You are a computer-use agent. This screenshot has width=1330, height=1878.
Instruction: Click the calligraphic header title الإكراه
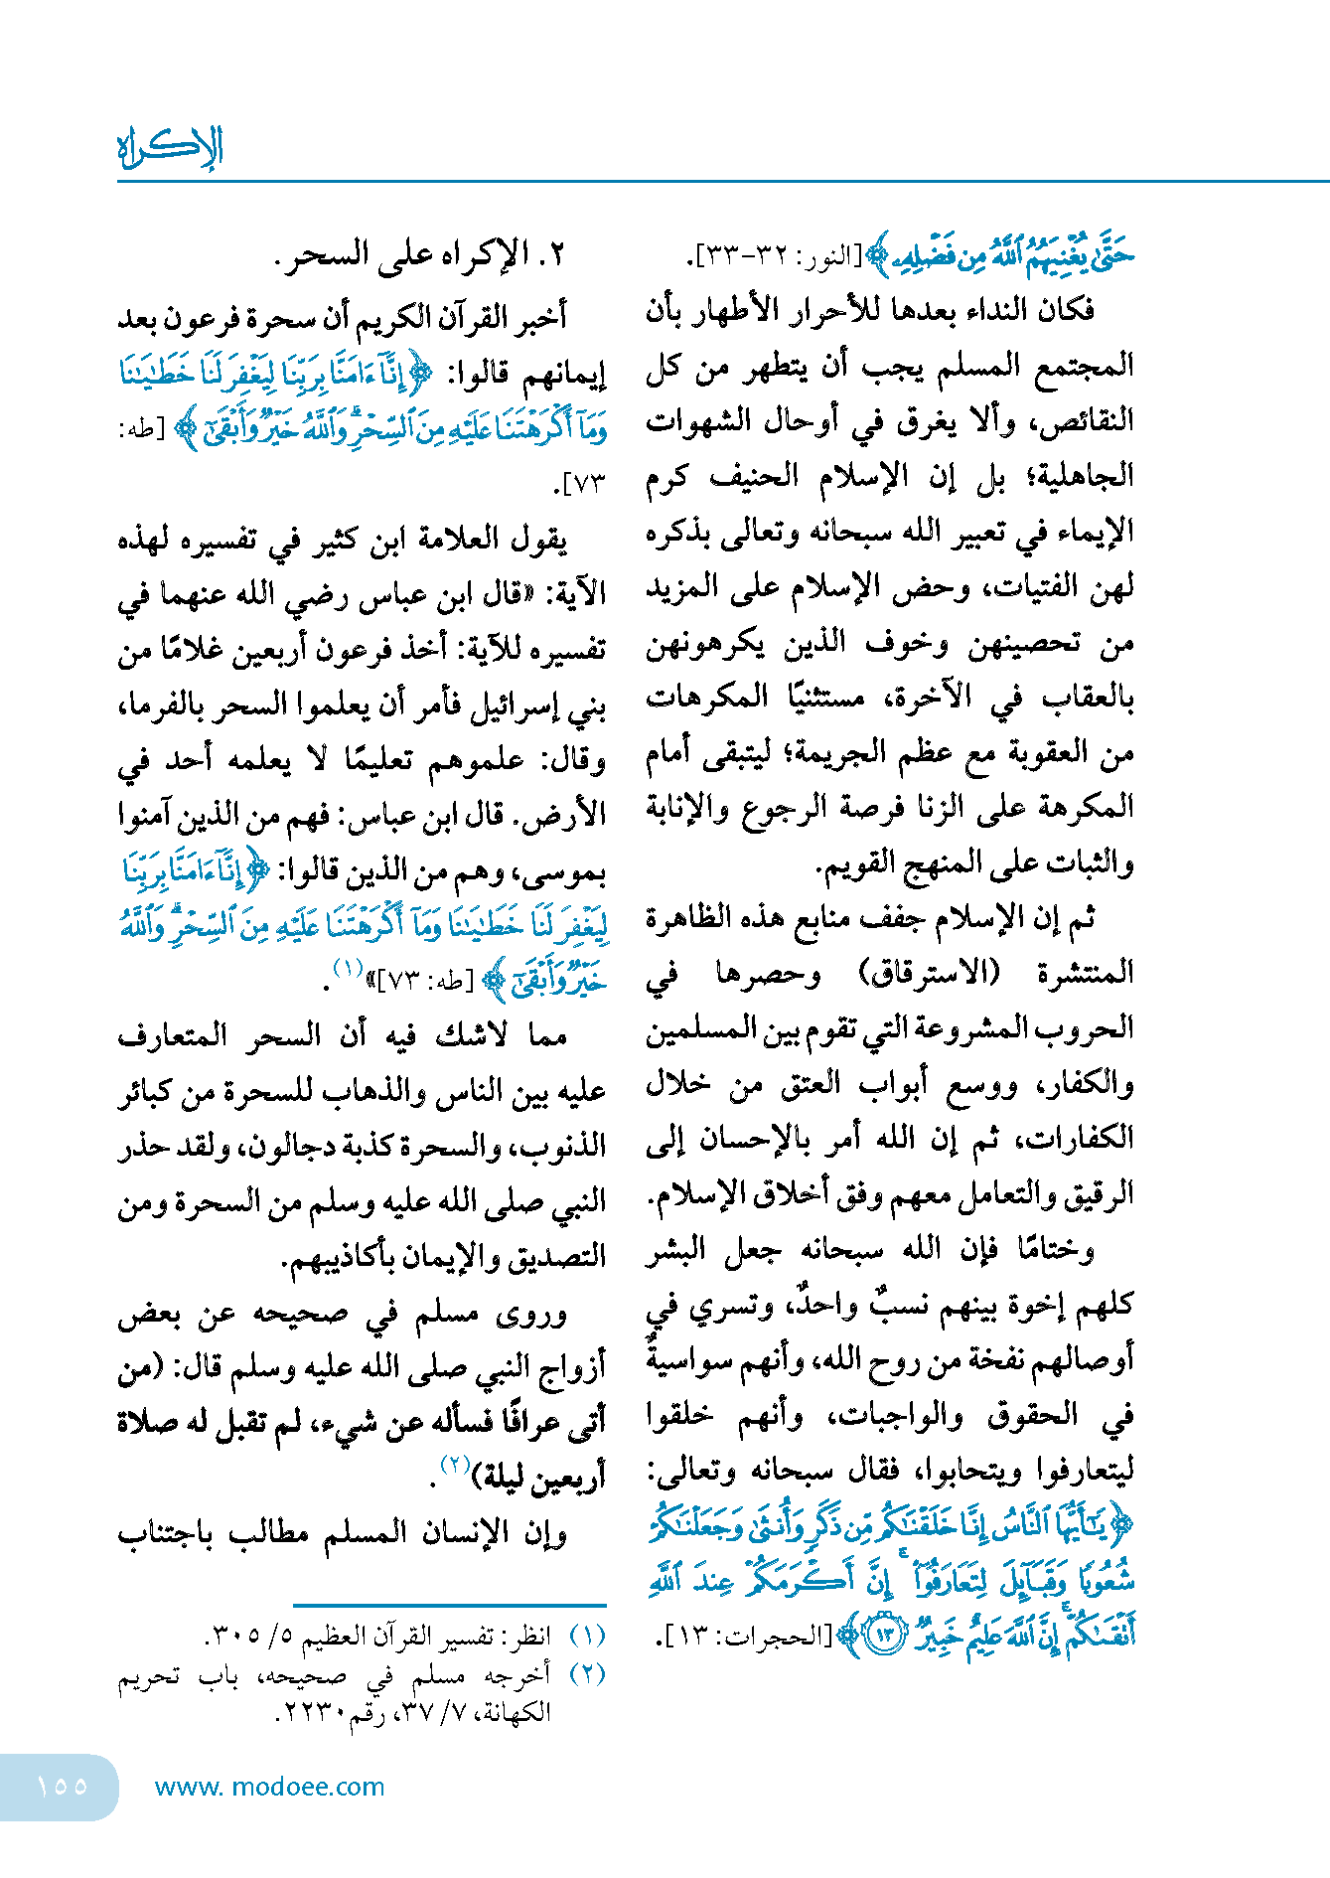tap(170, 148)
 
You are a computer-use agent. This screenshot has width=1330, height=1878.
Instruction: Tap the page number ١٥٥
tap(62, 1786)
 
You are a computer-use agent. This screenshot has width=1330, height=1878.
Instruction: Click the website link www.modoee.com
tap(269, 1787)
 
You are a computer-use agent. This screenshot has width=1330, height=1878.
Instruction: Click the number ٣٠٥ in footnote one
tap(231, 1636)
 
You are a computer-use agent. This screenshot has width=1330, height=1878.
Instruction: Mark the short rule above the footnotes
tap(449, 1605)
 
